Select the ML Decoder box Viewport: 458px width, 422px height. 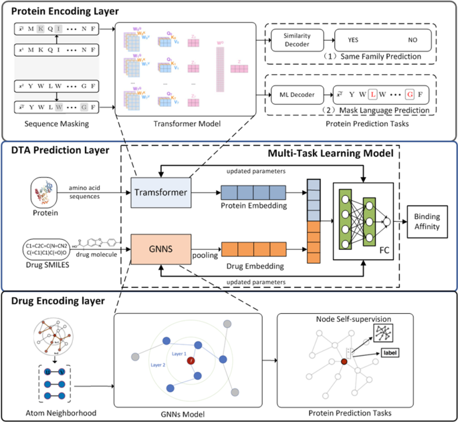296,93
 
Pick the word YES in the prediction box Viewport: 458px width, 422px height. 353,39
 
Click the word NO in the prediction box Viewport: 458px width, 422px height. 413,39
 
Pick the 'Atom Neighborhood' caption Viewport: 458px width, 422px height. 51,413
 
